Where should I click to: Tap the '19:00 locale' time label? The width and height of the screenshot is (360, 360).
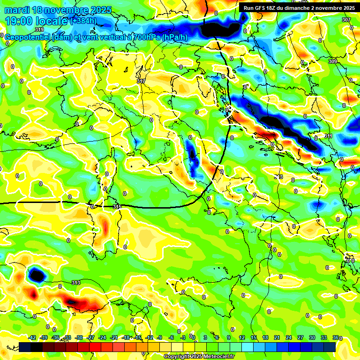[36, 21]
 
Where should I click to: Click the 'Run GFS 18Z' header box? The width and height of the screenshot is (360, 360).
[298, 8]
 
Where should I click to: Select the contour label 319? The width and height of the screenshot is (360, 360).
[39, 30]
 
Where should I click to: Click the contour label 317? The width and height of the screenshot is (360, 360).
[141, 81]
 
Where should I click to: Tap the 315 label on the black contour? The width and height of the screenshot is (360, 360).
[117, 207]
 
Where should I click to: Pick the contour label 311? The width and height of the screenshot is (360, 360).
[328, 136]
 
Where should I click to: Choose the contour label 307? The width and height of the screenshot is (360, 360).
[346, 20]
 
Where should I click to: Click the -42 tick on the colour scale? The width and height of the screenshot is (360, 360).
[32, 337]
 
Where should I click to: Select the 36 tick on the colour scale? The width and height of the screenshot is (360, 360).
[335, 337]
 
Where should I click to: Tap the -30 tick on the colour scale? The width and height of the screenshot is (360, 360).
[79, 337]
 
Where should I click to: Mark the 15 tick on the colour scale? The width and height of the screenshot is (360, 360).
[254, 337]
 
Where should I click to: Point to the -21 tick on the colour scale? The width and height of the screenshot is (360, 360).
[114, 337]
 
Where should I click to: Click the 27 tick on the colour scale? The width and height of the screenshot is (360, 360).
[300, 337]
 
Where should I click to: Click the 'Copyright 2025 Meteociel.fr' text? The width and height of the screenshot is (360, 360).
[199, 356]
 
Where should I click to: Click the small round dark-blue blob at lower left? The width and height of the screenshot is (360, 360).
[36, 275]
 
